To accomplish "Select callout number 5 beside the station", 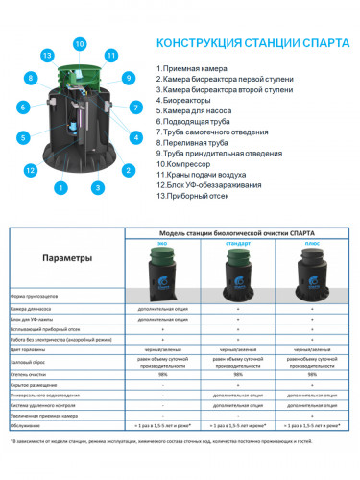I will [22, 136].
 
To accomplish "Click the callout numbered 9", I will [128, 77].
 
